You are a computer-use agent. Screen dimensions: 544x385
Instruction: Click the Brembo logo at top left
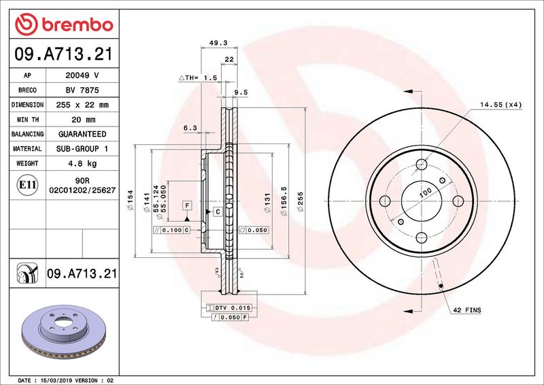coord(64,24)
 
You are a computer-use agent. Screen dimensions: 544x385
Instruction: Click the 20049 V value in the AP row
coord(82,76)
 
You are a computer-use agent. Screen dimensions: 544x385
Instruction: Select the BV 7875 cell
coord(82,90)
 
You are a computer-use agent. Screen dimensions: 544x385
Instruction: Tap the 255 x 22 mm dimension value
coord(82,105)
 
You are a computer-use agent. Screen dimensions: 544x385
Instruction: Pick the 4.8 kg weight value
coord(82,163)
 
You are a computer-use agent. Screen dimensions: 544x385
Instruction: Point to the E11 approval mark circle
coord(27,185)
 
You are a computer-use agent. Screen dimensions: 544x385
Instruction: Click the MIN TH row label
coord(28,120)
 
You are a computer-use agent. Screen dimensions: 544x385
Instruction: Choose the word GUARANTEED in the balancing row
coord(82,134)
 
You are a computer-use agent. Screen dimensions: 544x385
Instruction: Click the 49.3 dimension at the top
coord(218,43)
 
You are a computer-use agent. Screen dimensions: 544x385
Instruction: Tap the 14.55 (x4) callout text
coord(500,105)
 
